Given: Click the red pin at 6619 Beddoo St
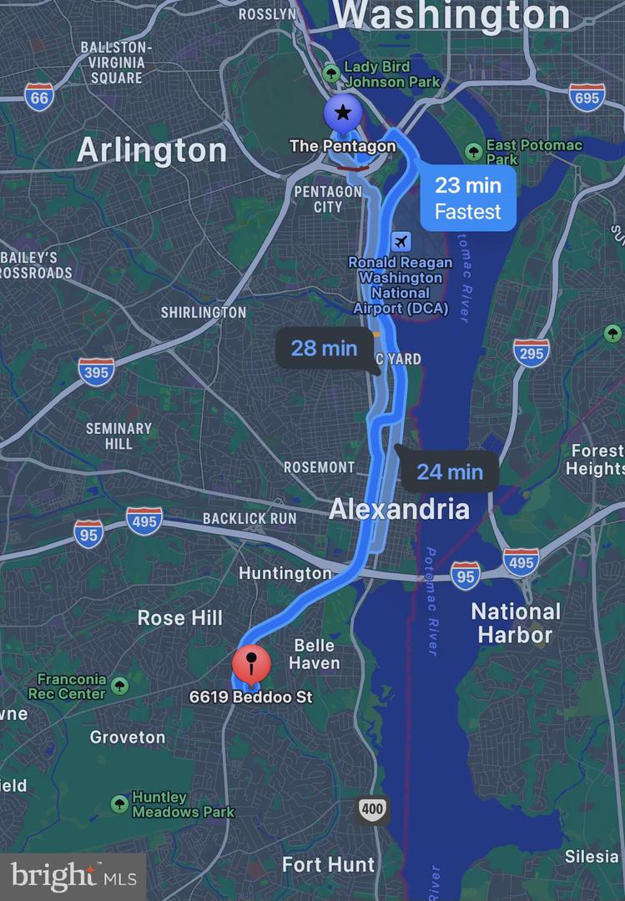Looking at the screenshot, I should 251,665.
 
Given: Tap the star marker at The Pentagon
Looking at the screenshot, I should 343,113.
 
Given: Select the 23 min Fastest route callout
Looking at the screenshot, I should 467,199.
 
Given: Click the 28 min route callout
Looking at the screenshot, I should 324,348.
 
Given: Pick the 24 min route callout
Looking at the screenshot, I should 450,472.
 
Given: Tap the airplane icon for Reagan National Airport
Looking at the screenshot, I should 401,242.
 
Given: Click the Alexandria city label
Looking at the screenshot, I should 399,509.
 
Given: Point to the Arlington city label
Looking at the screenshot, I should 152,151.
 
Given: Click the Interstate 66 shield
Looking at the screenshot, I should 39,98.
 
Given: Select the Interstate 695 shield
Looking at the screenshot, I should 587,98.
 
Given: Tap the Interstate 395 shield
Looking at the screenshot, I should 96,371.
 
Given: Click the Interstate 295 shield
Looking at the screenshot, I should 532,352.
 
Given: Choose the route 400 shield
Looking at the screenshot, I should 373,808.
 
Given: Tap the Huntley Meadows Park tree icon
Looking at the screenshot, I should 119,804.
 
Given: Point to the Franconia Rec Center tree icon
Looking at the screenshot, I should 119,686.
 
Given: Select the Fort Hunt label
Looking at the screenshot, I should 328,864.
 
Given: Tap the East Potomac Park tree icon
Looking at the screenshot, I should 474,150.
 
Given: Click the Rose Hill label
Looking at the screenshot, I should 180,618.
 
